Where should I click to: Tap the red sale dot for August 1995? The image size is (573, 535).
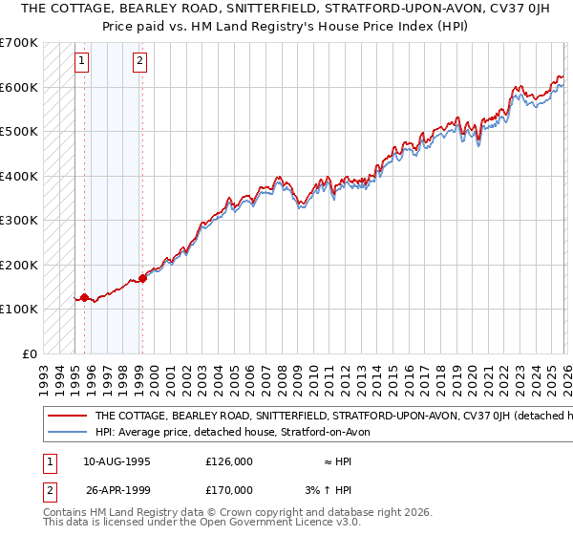click(x=84, y=298)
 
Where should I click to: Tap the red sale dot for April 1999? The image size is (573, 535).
click(x=142, y=278)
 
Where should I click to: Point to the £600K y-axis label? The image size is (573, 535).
click(x=19, y=87)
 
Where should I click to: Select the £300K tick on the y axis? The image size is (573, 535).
click(x=19, y=220)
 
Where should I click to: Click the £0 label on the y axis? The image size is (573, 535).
click(x=30, y=353)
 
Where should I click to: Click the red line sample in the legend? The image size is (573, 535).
click(x=67, y=416)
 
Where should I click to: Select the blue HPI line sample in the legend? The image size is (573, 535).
click(x=67, y=432)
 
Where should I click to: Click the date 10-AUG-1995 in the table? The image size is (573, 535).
click(x=117, y=460)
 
